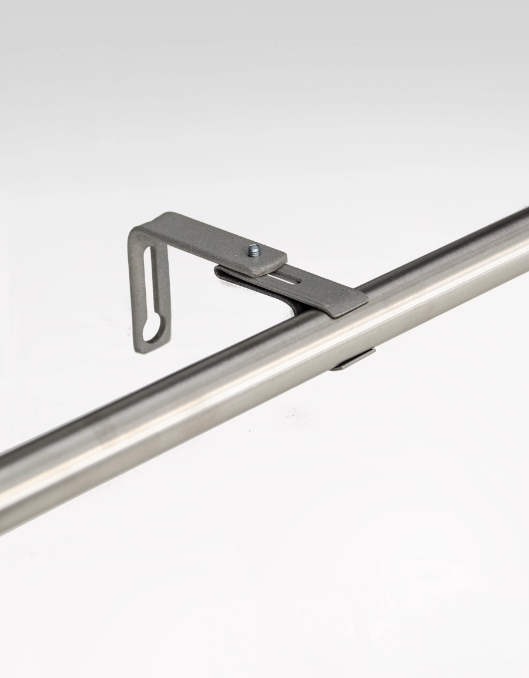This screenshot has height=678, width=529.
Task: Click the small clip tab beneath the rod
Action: tap(353, 360)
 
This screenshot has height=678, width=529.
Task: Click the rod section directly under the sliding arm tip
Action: tap(353, 320)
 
